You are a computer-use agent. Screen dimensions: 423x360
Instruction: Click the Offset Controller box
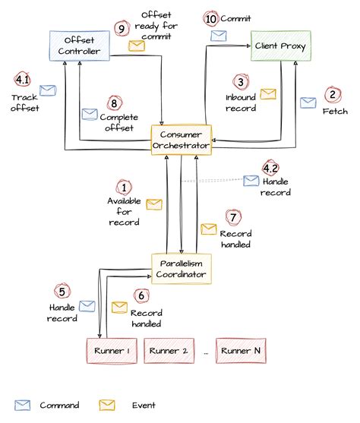point(80,45)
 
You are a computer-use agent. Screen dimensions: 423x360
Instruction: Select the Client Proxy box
point(280,45)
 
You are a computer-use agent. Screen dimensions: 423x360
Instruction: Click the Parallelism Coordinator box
point(180,267)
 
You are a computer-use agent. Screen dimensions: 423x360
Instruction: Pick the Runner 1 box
point(111,350)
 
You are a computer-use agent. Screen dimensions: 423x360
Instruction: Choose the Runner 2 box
point(168,350)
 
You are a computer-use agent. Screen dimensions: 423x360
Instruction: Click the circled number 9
point(120,28)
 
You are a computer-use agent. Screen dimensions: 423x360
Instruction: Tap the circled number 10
point(210,18)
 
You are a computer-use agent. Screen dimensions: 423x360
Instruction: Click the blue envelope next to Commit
point(218,35)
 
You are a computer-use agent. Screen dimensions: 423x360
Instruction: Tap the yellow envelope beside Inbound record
point(268,94)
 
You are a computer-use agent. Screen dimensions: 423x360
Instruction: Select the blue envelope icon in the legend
point(23,405)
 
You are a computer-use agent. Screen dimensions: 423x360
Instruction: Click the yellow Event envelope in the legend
point(107,405)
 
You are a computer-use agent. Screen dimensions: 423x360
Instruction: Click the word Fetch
point(334,112)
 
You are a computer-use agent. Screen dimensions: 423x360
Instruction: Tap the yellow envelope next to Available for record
point(154,204)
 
